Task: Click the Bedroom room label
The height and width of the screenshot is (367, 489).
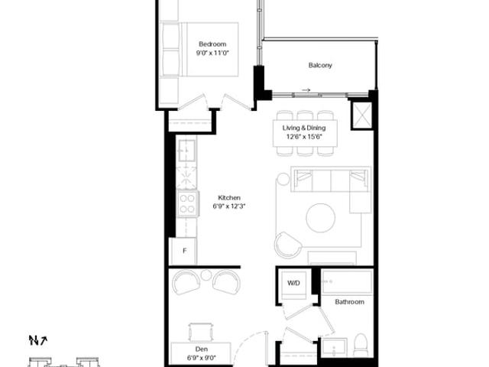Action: pyautogui.click(x=212, y=44)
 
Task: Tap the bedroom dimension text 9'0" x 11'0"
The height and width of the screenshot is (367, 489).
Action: pyautogui.click(x=212, y=53)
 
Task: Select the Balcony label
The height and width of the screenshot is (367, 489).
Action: pyautogui.click(x=320, y=65)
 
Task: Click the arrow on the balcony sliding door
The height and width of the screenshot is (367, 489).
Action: pyautogui.click(x=306, y=90)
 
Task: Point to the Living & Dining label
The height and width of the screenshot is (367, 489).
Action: pyautogui.click(x=304, y=128)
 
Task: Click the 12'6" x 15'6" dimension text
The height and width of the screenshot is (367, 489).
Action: pyautogui.click(x=304, y=136)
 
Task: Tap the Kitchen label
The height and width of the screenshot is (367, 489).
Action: pyautogui.click(x=229, y=197)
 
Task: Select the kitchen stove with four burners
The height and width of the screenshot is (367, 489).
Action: pyautogui.click(x=187, y=203)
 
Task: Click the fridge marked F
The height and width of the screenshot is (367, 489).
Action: pyautogui.click(x=184, y=252)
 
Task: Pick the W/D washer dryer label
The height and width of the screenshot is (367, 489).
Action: pyautogui.click(x=293, y=283)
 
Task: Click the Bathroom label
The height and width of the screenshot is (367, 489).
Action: pyautogui.click(x=349, y=302)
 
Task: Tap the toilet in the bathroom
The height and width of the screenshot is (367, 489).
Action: pyautogui.click(x=361, y=345)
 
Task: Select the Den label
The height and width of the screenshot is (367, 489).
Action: pyautogui.click(x=201, y=349)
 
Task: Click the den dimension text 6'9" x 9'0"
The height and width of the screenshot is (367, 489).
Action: pyautogui.click(x=201, y=358)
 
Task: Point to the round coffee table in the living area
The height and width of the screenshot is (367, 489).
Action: pyautogui.click(x=321, y=218)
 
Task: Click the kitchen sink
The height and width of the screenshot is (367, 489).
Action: pyautogui.click(x=186, y=151)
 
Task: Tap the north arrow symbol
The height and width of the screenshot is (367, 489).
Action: pyautogui.click(x=37, y=340)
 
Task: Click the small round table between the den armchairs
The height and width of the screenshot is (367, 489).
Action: pyautogui.click(x=206, y=275)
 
